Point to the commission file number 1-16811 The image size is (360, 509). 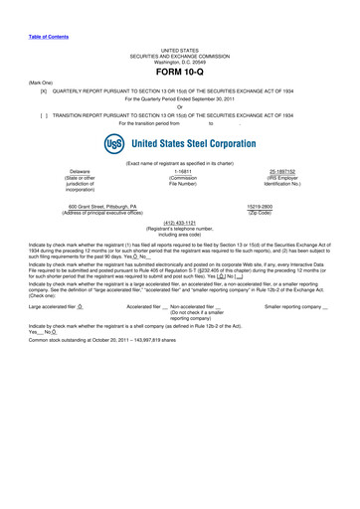(x=181, y=171)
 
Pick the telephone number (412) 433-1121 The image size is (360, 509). (x=181, y=223)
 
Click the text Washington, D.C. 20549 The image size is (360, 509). (x=181, y=62)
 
